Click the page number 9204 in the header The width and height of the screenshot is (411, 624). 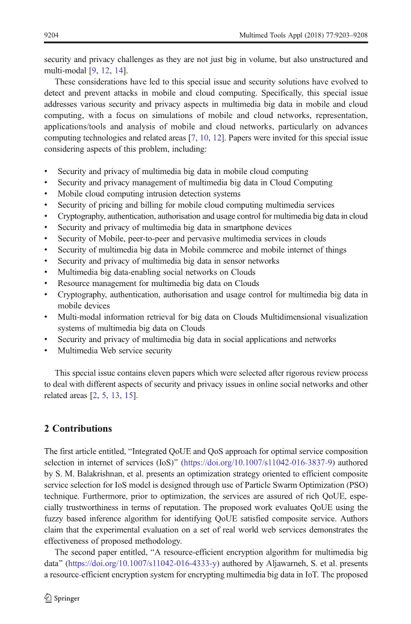click(x=51, y=36)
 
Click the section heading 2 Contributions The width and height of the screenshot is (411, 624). click(x=78, y=429)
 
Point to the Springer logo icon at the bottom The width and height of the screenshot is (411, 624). click(x=48, y=598)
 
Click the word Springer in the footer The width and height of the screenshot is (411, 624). click(x=67, y=599)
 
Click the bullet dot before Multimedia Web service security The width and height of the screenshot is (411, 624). click(x=46, y=351)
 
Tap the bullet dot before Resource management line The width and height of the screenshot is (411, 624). click(x=46, y=284)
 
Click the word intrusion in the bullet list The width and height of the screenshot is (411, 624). click(x=162, y=194)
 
